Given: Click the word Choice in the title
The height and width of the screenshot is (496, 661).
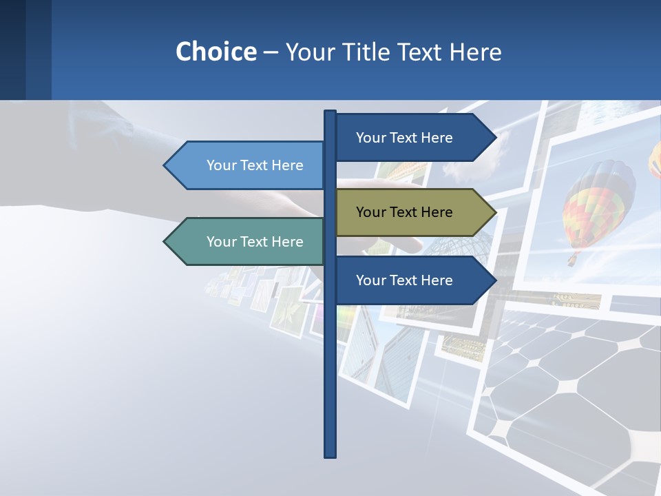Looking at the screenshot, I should pos(216,52).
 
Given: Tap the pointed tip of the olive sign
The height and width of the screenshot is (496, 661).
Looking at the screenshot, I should pos(495,212).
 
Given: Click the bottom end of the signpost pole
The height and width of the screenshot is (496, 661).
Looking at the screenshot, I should pos(330,455).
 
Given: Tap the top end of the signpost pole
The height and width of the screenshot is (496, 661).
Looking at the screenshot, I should pos(330,112).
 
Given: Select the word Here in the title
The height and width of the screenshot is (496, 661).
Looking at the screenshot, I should pos(476,52).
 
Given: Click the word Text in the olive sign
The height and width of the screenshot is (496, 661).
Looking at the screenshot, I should pos(404,212).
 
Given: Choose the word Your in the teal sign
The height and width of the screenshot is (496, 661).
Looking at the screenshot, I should pos(221,242).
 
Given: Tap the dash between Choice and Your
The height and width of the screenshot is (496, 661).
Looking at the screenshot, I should pos(271,52).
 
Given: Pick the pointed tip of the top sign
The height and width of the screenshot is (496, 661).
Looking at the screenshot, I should pos(495,138).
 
